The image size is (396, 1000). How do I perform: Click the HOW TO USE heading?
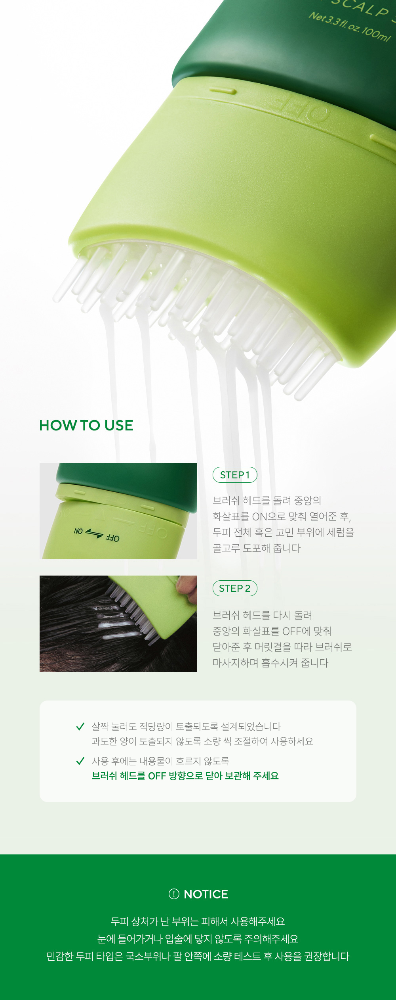coord(86,425)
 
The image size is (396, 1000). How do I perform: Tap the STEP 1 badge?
coord(235,475)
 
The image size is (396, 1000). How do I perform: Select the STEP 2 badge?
coord(235,588)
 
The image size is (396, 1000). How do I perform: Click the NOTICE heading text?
coord(206,894)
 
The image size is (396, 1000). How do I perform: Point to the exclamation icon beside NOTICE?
coord(174,894)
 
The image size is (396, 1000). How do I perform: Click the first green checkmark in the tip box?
coord(80,726)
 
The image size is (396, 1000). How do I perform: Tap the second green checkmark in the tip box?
coord(80,761)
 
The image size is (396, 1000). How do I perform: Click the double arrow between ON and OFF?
coord(94,534)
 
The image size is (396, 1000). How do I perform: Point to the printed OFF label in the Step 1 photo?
coord(112,538)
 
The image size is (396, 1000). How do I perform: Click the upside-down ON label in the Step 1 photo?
coord(78,531)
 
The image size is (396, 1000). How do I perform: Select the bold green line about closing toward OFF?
coord(185,776)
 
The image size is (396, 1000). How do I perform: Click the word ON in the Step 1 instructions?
coord(260,516)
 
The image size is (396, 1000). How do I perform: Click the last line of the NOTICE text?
coord(198,956)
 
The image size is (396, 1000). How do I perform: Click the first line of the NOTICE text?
coord(198,921)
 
